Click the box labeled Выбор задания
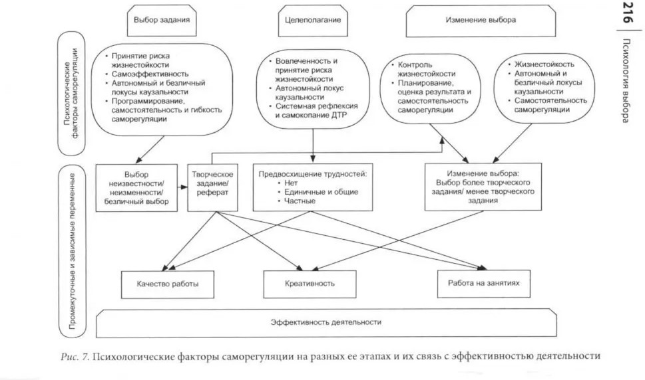coord(162,21)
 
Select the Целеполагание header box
coord(313,21)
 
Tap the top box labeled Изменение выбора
coord(481,21)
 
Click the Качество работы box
coord(168,284)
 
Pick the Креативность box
coord(310,284)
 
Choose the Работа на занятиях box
coord(484,283)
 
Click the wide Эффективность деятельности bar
coord(325,323)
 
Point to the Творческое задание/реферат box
coord(212,188)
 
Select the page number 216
coord(628,13)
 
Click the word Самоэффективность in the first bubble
coord(150,74)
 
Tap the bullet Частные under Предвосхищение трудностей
coord(300,201)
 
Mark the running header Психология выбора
coord(627,80)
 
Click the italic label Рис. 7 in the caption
coord(75,356)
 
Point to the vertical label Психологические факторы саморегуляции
coord(72,94)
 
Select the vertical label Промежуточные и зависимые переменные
coord(72,251)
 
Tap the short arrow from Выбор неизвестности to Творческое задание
coord(182,187)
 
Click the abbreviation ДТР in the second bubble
coord(339,116)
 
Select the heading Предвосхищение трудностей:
coord(313,174)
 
